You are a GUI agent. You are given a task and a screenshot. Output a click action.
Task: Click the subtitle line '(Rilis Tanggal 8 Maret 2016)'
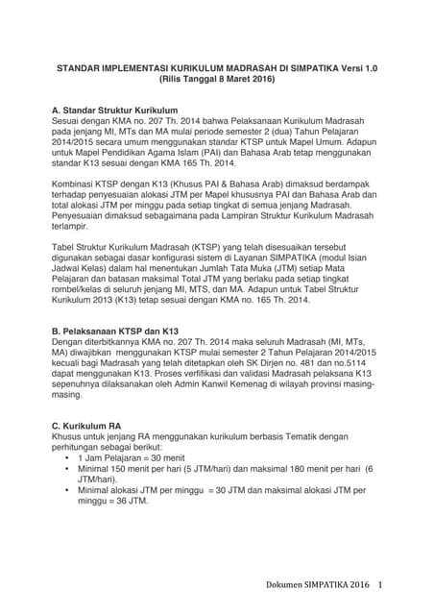(x=217, y=82)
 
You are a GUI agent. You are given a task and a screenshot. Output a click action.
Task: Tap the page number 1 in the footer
(x=381, y=585)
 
